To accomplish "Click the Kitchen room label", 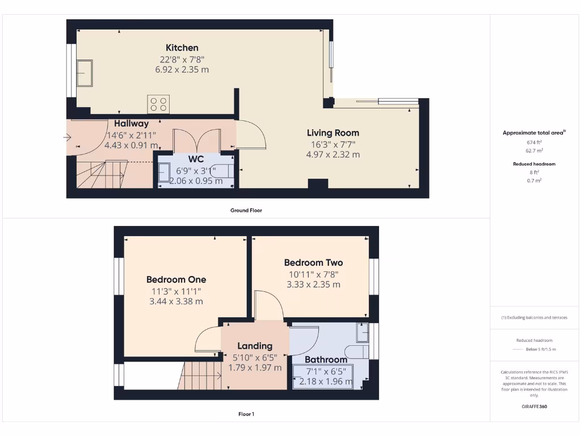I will click(x=182, y=48).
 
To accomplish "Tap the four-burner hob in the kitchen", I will click(x=158, y=104).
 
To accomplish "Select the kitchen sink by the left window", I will click(x=85, y=73).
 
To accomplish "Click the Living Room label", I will click(x=333, y=133).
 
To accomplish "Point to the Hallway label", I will click(x=131, y=124).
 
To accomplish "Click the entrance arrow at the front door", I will click(x=68, y=137).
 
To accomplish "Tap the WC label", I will click(x=196, y=160).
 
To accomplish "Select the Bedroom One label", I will click(x=176, y=279).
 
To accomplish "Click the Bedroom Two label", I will click(x=313, y=263).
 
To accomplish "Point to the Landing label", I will click(x=255, y=346).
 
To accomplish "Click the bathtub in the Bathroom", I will click(x=322, y=376).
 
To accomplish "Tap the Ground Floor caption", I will click(x=246, y=210).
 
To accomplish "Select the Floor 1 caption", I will click(x=246, y=414).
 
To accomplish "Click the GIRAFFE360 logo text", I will click(x=534, y=406).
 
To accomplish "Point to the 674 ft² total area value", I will click(x=534, y=142).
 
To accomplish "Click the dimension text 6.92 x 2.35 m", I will click(x=182, y=70).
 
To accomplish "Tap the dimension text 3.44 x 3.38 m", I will click(x=176, y=301).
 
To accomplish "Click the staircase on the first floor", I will click(x=201, y=374).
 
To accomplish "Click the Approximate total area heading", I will click(x=534, y=133).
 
